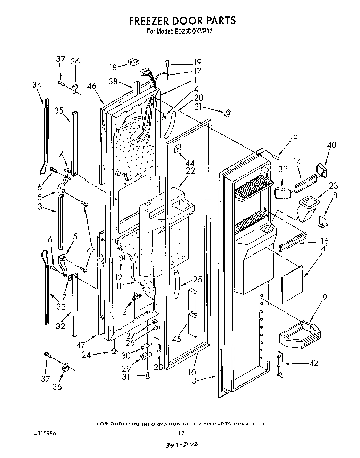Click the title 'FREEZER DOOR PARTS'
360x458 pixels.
182,20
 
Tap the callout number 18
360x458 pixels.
113,67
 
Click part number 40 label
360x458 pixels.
332,145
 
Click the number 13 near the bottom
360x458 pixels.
192,381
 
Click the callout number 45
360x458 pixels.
177,339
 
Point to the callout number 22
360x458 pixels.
190,171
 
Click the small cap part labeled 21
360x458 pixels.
228,112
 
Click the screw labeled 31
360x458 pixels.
147,375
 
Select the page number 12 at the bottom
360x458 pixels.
181,433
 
